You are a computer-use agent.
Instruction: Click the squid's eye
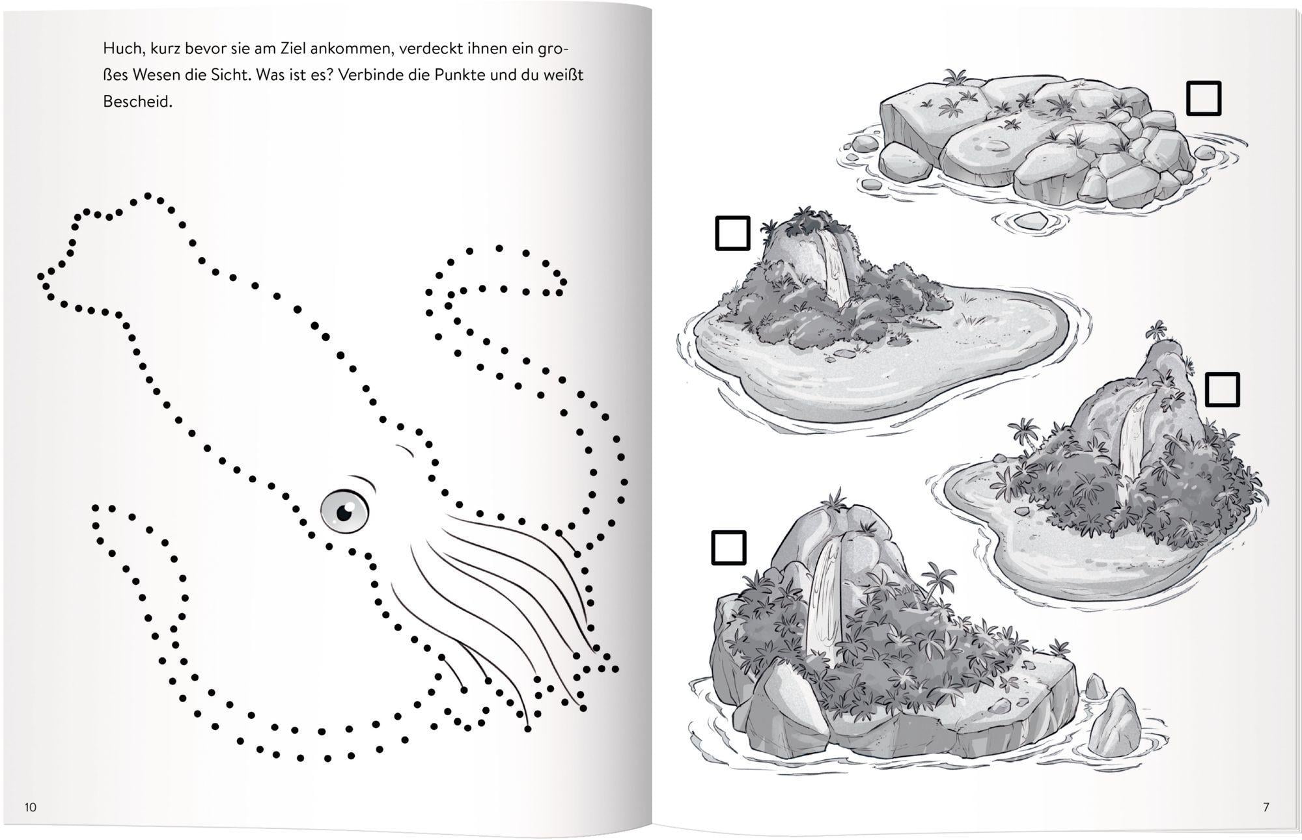pyautogui.click(x=344, y=509)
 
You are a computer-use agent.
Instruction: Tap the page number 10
pyautogui.click(x=31, y=807)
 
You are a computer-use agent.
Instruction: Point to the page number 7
pyautogui.click(x=1266, y=807)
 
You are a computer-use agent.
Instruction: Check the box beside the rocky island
pyautogui.click(x=1204, y=98)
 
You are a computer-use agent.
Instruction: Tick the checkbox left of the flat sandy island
pyautogui.click(x=732, y=233)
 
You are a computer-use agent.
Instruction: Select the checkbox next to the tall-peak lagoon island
pyautogui.click(x=1223, y=390)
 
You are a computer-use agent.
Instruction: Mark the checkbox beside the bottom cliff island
pyautogui.click(x=728, y=547)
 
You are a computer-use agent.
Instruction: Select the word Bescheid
pyautogui.click(x=137, y=102)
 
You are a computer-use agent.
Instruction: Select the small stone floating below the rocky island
pyautogui.click(x=1029, y=221)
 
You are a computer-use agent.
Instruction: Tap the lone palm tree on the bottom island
pyautogui.click(x=937, y=581)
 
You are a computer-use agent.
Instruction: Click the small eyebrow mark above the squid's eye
pyautogui.click(x=405, y=450)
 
